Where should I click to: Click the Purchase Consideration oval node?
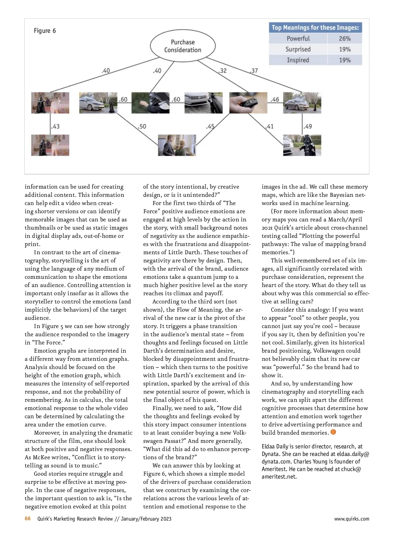[x=183, y=46]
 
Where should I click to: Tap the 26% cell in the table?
[x=345, y=38]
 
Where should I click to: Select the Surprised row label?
[x=298, y=49]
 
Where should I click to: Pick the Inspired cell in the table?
[x=298, y=60]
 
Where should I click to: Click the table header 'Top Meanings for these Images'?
[x=315, y=28]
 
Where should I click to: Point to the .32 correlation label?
[x=222, y=71]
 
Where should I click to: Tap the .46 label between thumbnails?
[x=275, y=99]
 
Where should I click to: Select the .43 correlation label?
[x=55, y=126]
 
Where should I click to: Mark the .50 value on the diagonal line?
[x=142, y=126]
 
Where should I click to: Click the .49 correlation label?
[x=308, y=126]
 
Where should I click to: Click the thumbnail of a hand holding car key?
[x=248, y=103]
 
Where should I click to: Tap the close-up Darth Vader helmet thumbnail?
[x=150, y=103]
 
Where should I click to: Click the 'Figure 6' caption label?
[x=45, y=31]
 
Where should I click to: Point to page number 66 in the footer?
[x=28, y=519]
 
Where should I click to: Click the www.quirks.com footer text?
[x=351, y=519]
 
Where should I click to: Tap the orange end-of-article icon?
[x=334, y=432]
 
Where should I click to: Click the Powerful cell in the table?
[x=298, y=38]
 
